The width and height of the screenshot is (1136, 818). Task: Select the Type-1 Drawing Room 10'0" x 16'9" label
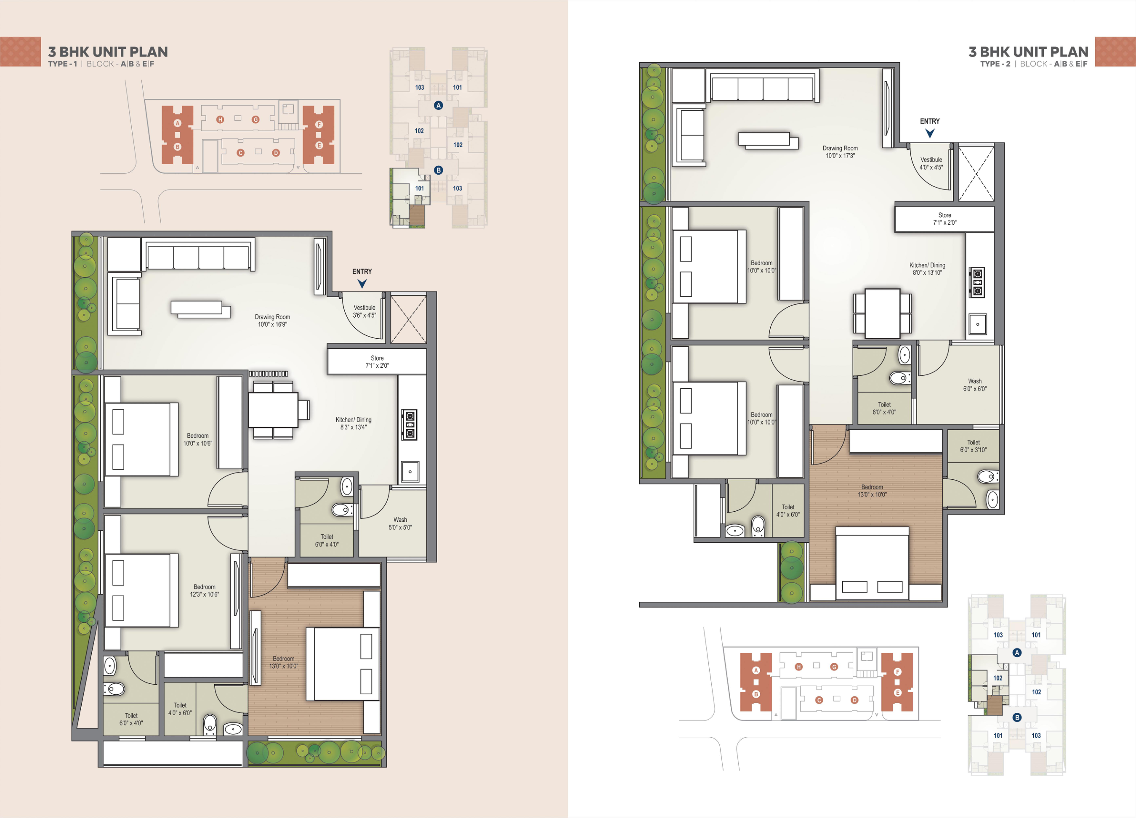click(x=272, y=320)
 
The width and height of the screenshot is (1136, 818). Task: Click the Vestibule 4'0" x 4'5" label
click(x=931, y=163)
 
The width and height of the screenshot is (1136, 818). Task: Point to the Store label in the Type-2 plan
click(x=944, y=219)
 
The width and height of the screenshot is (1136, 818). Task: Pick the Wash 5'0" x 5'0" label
click(x=400, y=523)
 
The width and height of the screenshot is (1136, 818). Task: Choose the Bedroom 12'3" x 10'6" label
click(x=205, y=591)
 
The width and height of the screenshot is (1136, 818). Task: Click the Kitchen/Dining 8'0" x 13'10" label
click(x=928, y=269)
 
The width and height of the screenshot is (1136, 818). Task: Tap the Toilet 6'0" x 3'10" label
click(x=973, y=446)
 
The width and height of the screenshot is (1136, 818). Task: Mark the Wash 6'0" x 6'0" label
click(x=975, y=385)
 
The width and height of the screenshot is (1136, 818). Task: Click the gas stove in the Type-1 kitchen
click(x=410, y=425)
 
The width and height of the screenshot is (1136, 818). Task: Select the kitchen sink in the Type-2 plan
click(x=977, y=324)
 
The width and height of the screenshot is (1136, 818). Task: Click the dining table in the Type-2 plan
click(x=883, y=313)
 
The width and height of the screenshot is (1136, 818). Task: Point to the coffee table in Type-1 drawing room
click(x=200, y=309)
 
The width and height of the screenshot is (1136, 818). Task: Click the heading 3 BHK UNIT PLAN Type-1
click(x=108, y=52)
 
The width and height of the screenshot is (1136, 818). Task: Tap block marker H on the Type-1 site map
click(x=220, y=120)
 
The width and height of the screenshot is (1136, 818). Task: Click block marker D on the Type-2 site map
click(x=854, y=700)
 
